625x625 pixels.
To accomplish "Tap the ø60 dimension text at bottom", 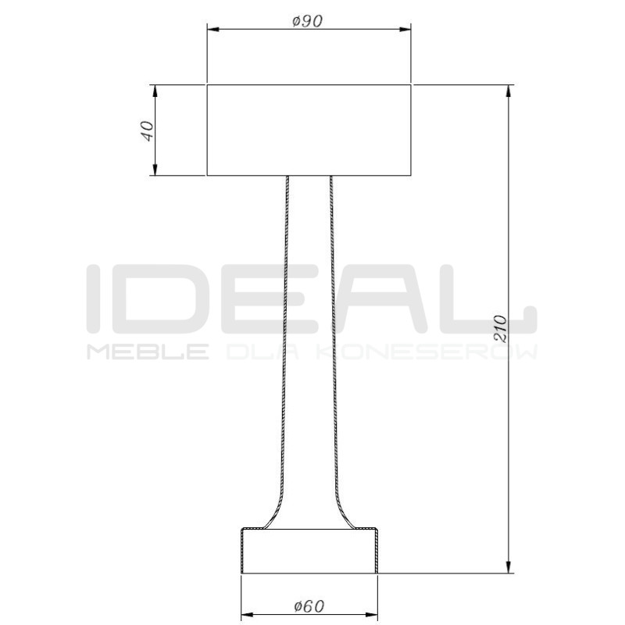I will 309,605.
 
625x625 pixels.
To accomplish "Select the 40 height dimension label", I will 145,130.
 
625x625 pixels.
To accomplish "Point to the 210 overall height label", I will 501,329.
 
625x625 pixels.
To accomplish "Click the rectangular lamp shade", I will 309,130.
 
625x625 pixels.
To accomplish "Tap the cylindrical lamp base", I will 309,551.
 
